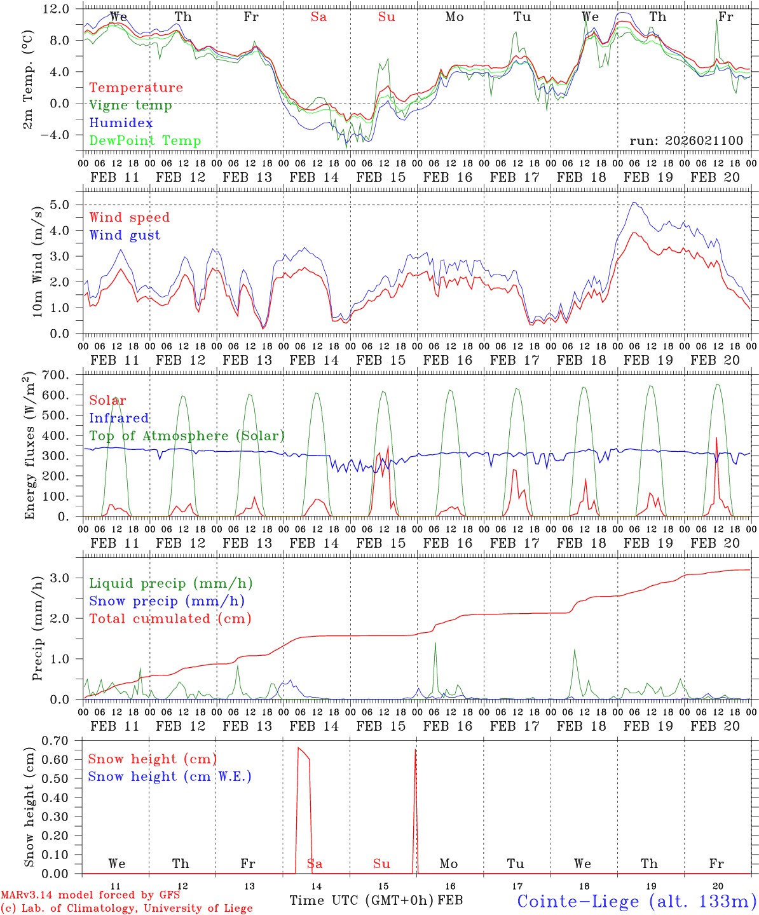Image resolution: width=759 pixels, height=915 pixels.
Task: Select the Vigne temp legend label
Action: pos(130,105)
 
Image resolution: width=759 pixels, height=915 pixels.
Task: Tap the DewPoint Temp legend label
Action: pos(145,141)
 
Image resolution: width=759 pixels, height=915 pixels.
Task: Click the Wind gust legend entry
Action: pos(125,235)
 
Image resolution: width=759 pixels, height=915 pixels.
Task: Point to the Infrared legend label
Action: pos(119,418)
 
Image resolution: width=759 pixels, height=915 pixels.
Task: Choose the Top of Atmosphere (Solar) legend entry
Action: pos(187,436)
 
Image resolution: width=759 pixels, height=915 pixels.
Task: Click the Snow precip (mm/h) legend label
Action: pos(167,601)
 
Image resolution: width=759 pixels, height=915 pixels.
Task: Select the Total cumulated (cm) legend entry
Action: pos(170,619)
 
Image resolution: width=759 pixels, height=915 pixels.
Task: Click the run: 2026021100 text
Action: pos(686,141)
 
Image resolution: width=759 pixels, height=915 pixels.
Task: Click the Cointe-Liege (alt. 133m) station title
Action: pos(636,900)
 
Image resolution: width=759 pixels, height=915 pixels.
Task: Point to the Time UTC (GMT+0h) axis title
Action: pos(362,900)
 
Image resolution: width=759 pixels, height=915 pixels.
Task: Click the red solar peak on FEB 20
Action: pos(716,438)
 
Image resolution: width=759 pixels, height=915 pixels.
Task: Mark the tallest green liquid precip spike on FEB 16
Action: pos(435,643)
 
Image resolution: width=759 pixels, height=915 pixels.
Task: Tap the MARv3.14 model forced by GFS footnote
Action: pos(90,895)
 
